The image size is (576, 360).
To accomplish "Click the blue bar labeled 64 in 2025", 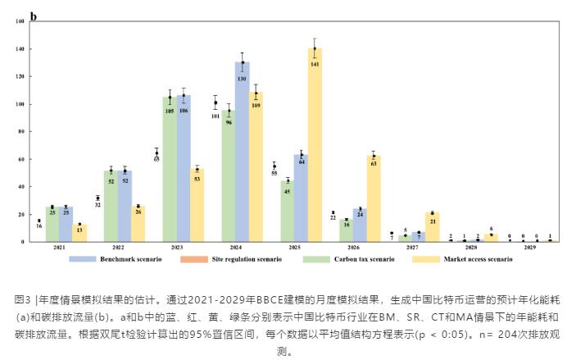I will pyautogui.click(x=301, y=198).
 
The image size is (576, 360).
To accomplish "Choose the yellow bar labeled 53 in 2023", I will pyautogui.click(x=197, y=205).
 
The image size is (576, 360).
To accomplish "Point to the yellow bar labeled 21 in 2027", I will pyautogui.click(x=432, y=227).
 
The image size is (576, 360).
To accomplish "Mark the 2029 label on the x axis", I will pyautogui.click(x=530, y=247).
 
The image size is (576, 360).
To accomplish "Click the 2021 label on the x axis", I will pyautogui.click(x=60, y=247).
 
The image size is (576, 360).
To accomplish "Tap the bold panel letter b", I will pyautogui.click(x=34, y=16).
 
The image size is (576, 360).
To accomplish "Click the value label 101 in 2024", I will pyautogui.click(x=215, y=116).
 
